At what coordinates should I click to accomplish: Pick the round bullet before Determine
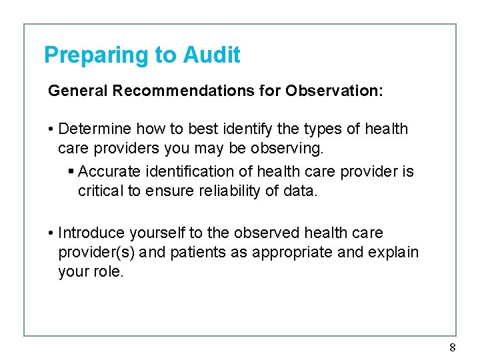pos(51,129)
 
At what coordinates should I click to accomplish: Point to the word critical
pos(101,191)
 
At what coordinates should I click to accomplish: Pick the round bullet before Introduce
pos(51,233)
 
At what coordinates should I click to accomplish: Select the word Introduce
pos(91,233)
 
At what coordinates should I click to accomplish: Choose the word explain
pos(394,253)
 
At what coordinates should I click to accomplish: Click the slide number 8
pos(453,347)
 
